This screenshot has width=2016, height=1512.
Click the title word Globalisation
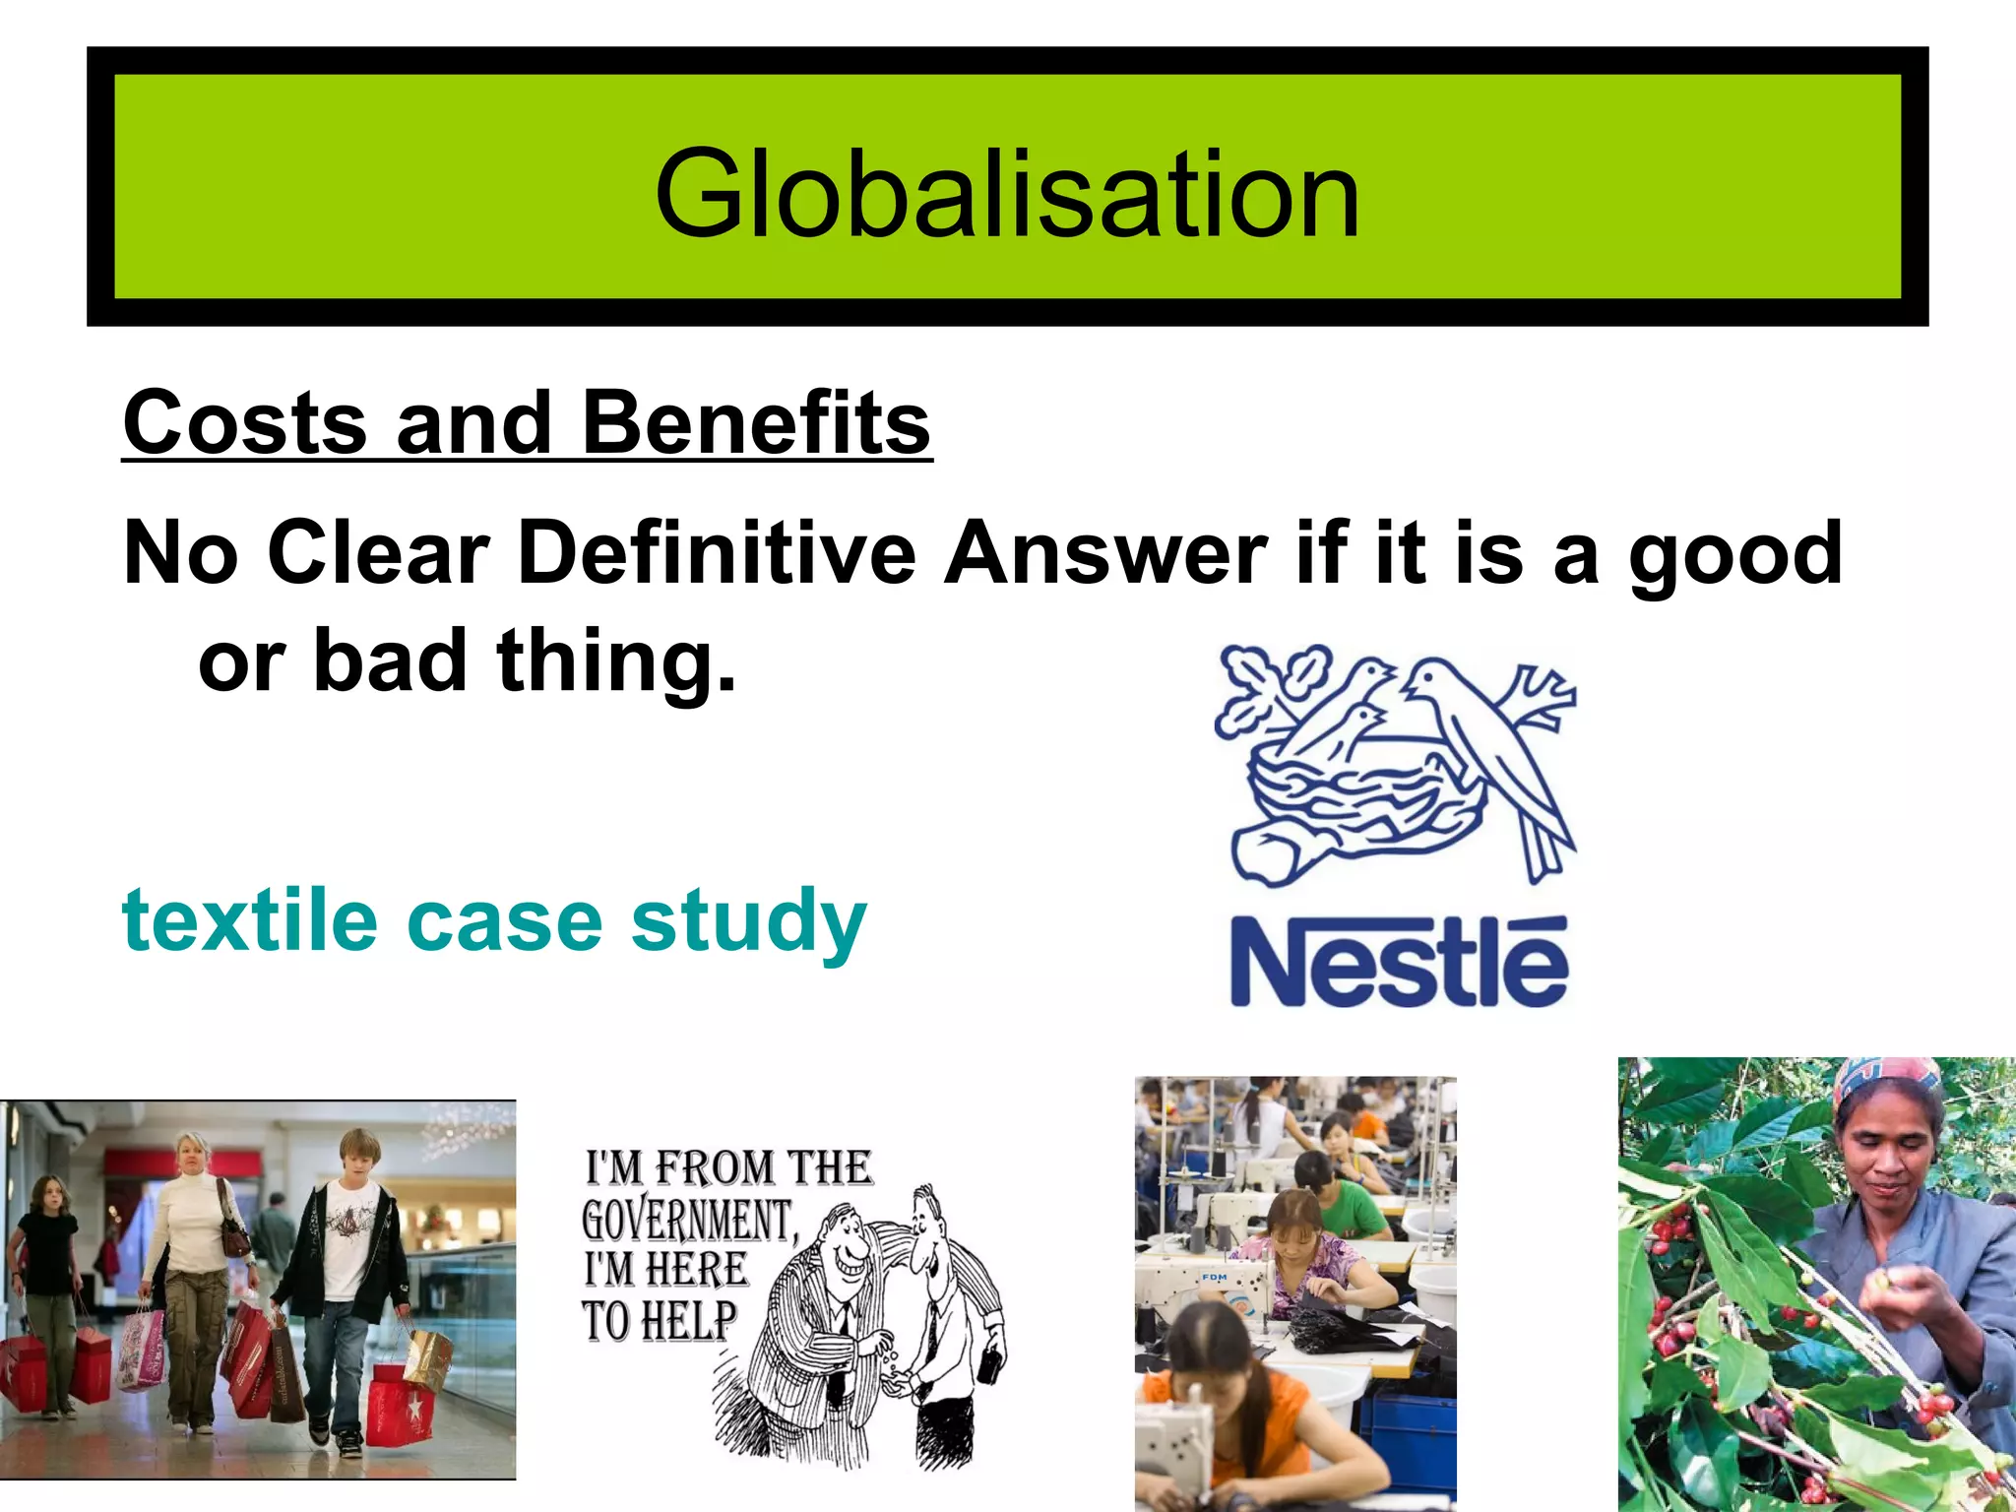pyautogui.click(x=1007, y=193)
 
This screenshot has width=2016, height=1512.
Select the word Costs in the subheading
pyautogui.click(x=244, y=423)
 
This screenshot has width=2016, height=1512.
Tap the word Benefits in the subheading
pyautogui.click(x=756, y=423)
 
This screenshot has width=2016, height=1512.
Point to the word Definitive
pyautogui.click(x=716, y=553)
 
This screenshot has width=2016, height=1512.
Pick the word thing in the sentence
pyautogui.click(x=615, y=661)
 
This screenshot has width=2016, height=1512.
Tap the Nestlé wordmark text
pyautogui.click(x=1399, y=962)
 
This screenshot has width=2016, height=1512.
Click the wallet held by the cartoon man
pyautogui.click(x=990, y=1365)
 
